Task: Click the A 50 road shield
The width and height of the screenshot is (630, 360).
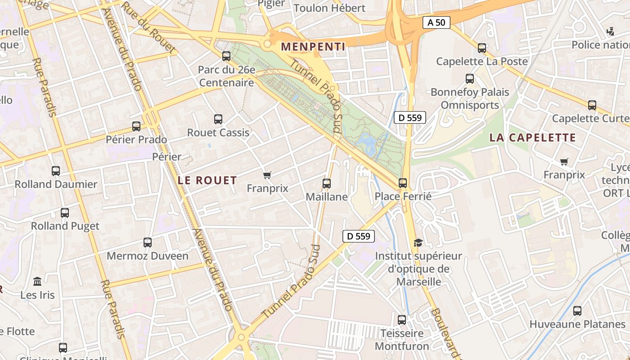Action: pos(436,22)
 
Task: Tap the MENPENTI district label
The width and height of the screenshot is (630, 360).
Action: pos(313,47)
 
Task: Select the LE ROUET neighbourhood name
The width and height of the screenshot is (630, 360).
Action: pos(207,180)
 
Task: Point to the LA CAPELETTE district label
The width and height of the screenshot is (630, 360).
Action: pos(532,138)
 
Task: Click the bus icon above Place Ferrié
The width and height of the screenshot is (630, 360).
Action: pos(403,183)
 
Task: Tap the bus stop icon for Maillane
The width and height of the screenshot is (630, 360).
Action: pos(327,184)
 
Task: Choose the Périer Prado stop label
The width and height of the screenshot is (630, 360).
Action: pos(136,139)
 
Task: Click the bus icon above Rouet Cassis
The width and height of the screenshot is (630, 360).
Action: pos(218,119)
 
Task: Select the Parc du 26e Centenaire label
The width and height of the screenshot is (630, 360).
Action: pos(227,76)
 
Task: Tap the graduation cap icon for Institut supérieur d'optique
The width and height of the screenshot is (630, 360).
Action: pos(418,243)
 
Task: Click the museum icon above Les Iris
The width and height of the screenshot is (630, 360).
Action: pos(37,282)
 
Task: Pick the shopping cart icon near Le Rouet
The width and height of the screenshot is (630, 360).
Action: pos(267,175)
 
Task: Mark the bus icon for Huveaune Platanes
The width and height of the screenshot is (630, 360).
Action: pos(577,311)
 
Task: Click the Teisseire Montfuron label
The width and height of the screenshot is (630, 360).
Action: pos(402,340)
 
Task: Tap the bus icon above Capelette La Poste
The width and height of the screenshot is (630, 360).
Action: pos(482,48)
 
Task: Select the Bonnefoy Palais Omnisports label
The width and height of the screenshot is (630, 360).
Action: pos(470,99)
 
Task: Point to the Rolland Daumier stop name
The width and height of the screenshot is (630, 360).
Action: pos(56,184)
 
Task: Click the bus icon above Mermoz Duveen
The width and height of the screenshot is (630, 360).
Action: pos(148,243)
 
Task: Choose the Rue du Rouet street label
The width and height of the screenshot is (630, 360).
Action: pos(148,28)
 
